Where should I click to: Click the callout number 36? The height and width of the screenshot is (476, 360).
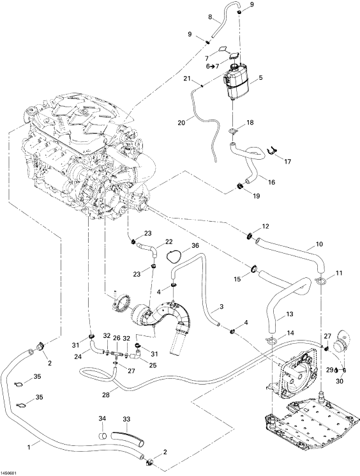[195, 245]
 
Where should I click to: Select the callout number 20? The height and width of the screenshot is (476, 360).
[181, 122]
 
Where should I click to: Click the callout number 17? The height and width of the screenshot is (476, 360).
[287, 162]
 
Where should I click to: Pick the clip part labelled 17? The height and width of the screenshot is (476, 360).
[273, 151]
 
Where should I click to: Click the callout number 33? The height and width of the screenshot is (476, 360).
[126, 419]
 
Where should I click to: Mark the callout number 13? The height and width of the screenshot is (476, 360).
[290, 314]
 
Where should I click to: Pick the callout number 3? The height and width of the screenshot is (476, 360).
[221, 306]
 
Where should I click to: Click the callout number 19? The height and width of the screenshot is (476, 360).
[256, 196]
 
